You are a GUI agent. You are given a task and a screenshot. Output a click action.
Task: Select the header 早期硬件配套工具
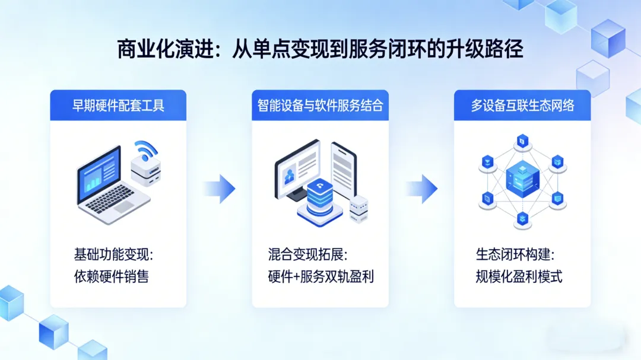point(118,106)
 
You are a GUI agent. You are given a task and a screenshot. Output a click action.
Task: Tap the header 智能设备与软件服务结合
point(320,106)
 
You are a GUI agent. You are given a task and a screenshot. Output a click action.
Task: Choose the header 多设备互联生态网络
point(522,106)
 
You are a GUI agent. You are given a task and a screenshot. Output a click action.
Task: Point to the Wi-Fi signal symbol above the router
point(145,149)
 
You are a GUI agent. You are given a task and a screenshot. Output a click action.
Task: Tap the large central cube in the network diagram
point(522,178)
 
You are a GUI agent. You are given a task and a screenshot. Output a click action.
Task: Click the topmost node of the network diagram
point(522,141)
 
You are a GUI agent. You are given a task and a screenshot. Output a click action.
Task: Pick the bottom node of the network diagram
point(522,218)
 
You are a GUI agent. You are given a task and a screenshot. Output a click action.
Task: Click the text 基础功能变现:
point(113,255)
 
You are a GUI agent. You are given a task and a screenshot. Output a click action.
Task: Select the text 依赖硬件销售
point(111,276)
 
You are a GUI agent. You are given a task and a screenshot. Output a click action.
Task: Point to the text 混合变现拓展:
point(307,255)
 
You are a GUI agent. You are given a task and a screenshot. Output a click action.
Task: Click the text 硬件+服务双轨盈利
point(320,276)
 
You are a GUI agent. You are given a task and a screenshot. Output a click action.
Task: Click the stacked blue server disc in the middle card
point(319,199)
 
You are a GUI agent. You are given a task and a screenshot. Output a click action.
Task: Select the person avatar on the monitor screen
point(290,175)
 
